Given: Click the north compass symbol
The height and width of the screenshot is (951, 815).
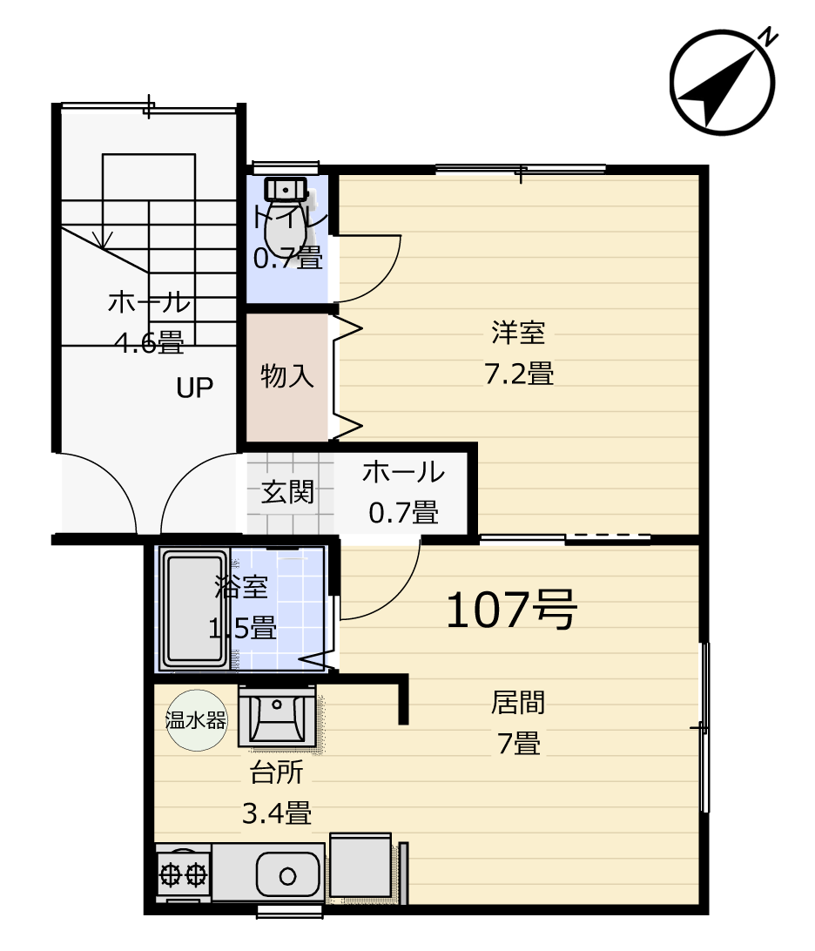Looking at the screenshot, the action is tap(722, 82).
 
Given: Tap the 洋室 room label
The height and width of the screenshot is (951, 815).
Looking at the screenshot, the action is tap(518, 333).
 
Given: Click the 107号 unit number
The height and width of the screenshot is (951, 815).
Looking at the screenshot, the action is tap(512, 610).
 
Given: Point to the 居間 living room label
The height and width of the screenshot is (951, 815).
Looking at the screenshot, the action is tap(518, 702).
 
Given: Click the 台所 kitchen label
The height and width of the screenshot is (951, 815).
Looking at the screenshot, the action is tap(277, 772).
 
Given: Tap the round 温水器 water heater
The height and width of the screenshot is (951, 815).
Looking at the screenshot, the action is tap(197, 720).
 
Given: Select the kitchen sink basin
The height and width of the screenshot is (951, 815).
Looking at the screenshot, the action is tap(288, 875).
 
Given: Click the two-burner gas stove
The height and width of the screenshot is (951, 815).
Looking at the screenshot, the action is tap(183, 874).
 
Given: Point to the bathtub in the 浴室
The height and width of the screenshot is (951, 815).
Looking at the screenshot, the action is tap(195, 610).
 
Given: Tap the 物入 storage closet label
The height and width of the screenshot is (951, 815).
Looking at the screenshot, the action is tap(287, 376).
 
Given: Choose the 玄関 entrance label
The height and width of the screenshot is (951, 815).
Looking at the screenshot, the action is tap(287, 492).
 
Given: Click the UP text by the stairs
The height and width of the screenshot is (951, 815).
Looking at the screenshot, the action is tap(195, 388).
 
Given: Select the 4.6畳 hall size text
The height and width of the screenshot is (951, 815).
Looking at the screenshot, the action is tap(149, 343).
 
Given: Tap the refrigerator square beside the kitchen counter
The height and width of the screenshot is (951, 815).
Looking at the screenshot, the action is tap(360, 868).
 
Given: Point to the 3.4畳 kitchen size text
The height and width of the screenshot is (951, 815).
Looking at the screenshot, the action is tap(277, 813).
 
